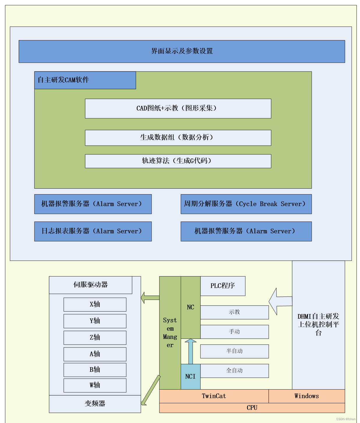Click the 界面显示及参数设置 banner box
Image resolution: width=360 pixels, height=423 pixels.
click(182, 51)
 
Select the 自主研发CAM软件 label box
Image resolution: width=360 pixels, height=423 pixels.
click(85, 80)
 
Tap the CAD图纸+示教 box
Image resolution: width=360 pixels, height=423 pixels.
click(178, 108)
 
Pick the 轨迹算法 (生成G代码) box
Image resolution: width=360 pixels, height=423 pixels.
click(178, 161)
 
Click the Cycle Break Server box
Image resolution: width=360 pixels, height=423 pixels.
click(246, 204)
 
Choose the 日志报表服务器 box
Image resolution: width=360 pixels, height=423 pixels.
click(93, 231)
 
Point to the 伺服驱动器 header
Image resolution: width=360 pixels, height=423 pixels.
click(91, 285)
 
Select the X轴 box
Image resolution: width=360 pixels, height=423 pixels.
click(95, 304)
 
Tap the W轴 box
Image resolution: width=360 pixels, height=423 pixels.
click(95, 385)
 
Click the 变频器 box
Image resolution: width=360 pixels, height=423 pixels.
click(95, 404)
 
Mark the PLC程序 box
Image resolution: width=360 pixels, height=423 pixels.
click(223, 286)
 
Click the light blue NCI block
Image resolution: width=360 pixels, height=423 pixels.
click(190, 376)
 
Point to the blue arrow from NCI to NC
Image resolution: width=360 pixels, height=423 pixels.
click(191, 351)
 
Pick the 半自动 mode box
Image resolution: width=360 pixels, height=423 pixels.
click(234, 351)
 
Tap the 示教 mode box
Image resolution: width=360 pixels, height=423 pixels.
click(234, 312)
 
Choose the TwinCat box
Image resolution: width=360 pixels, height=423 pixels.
click(214, 396)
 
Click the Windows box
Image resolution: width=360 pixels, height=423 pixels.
click(306, 396)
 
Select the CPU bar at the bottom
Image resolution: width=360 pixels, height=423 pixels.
click(252, 408)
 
